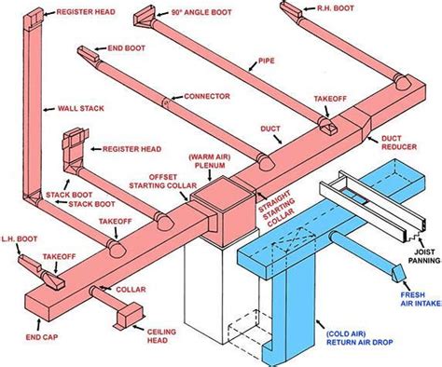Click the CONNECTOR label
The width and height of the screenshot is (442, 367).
point(207,95)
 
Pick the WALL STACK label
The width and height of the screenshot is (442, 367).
point(80,108)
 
